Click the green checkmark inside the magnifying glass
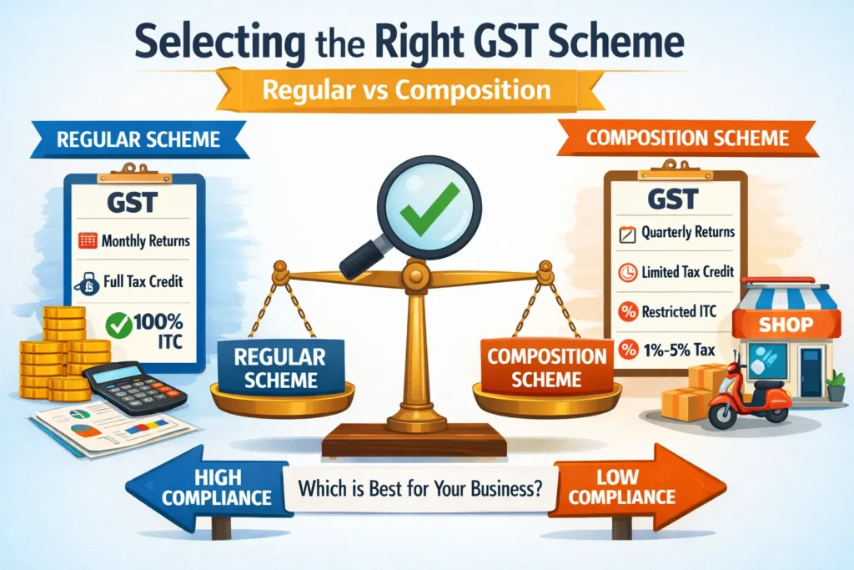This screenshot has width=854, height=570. coord(429,208)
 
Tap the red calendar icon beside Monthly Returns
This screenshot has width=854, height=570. coord(88,240)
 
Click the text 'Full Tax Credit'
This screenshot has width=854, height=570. coord(143,281)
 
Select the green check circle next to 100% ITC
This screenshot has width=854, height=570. coord(118,325)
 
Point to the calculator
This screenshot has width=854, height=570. coord(134,387)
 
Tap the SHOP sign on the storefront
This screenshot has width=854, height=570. coord(786,325)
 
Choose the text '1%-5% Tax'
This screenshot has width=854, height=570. coord(679,350)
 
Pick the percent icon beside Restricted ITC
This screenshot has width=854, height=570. coord(628,311)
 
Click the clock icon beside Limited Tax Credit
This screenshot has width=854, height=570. coord(628,272)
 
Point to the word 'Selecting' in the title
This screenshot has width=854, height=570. coord(220,43)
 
